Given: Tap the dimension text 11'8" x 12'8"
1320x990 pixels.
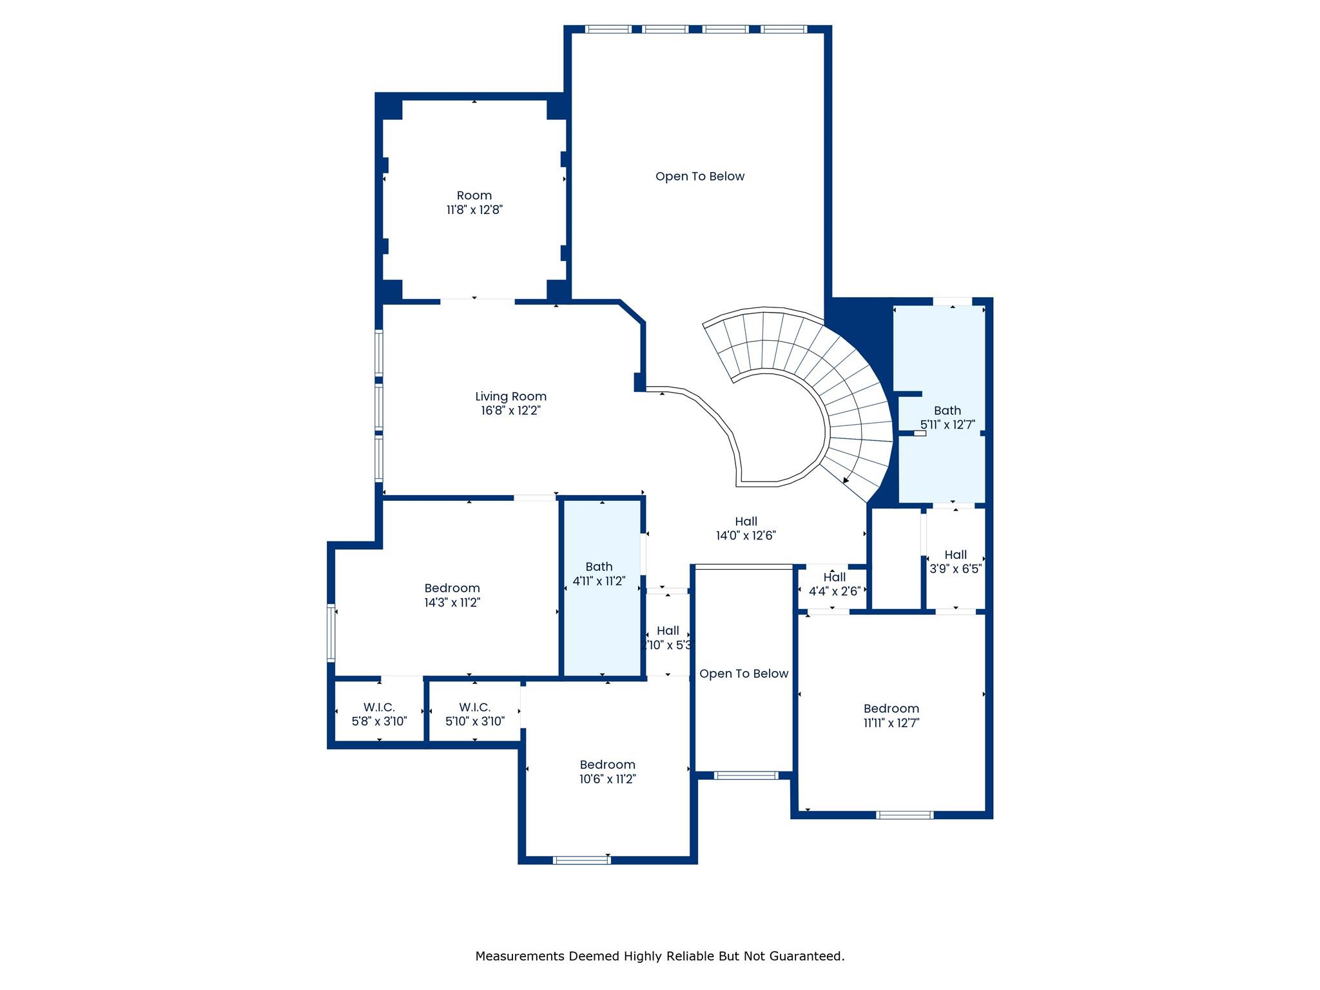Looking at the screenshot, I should [x=474, y=210].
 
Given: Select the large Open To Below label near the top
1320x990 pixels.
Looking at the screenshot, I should [x=699, y=177].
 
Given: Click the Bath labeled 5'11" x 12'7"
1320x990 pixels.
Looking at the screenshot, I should [x=947, y=417].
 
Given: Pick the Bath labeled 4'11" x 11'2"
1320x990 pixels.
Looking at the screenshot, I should [x=599, y=574].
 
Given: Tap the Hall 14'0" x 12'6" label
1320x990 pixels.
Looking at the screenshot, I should [x=746, y=529].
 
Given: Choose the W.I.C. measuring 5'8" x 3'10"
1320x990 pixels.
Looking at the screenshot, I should [x=379, y=714].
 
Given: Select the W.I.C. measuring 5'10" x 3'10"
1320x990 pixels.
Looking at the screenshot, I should [x=475, y=714].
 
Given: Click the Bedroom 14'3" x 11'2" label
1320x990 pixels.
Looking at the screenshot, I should [x=452, y=595].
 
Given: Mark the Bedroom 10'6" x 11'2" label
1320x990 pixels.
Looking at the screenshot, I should [x=607, y=772].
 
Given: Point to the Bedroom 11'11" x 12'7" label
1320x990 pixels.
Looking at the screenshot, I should [x=891, y=715].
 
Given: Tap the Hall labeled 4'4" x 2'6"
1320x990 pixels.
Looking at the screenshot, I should [x=834, y=584].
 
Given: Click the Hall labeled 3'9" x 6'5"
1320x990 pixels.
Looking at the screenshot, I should [x=955, y=561].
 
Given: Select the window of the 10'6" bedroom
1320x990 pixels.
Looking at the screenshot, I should [x=582, y=860].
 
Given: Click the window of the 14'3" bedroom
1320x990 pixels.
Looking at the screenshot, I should [x=331, y=633].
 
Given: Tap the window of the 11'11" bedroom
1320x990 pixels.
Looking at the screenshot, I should [x=904, y=815].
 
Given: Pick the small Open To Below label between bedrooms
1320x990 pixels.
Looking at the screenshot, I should [x=744, y=674].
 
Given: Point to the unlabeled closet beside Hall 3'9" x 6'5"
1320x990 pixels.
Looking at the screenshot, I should [x=896, y=558].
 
